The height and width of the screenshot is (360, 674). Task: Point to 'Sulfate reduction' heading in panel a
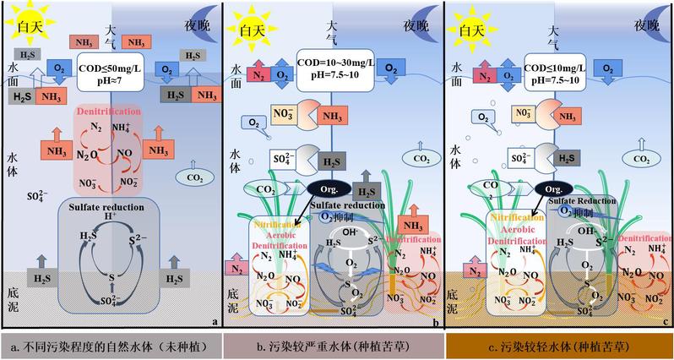pyautogui.click(x=111, y=205)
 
